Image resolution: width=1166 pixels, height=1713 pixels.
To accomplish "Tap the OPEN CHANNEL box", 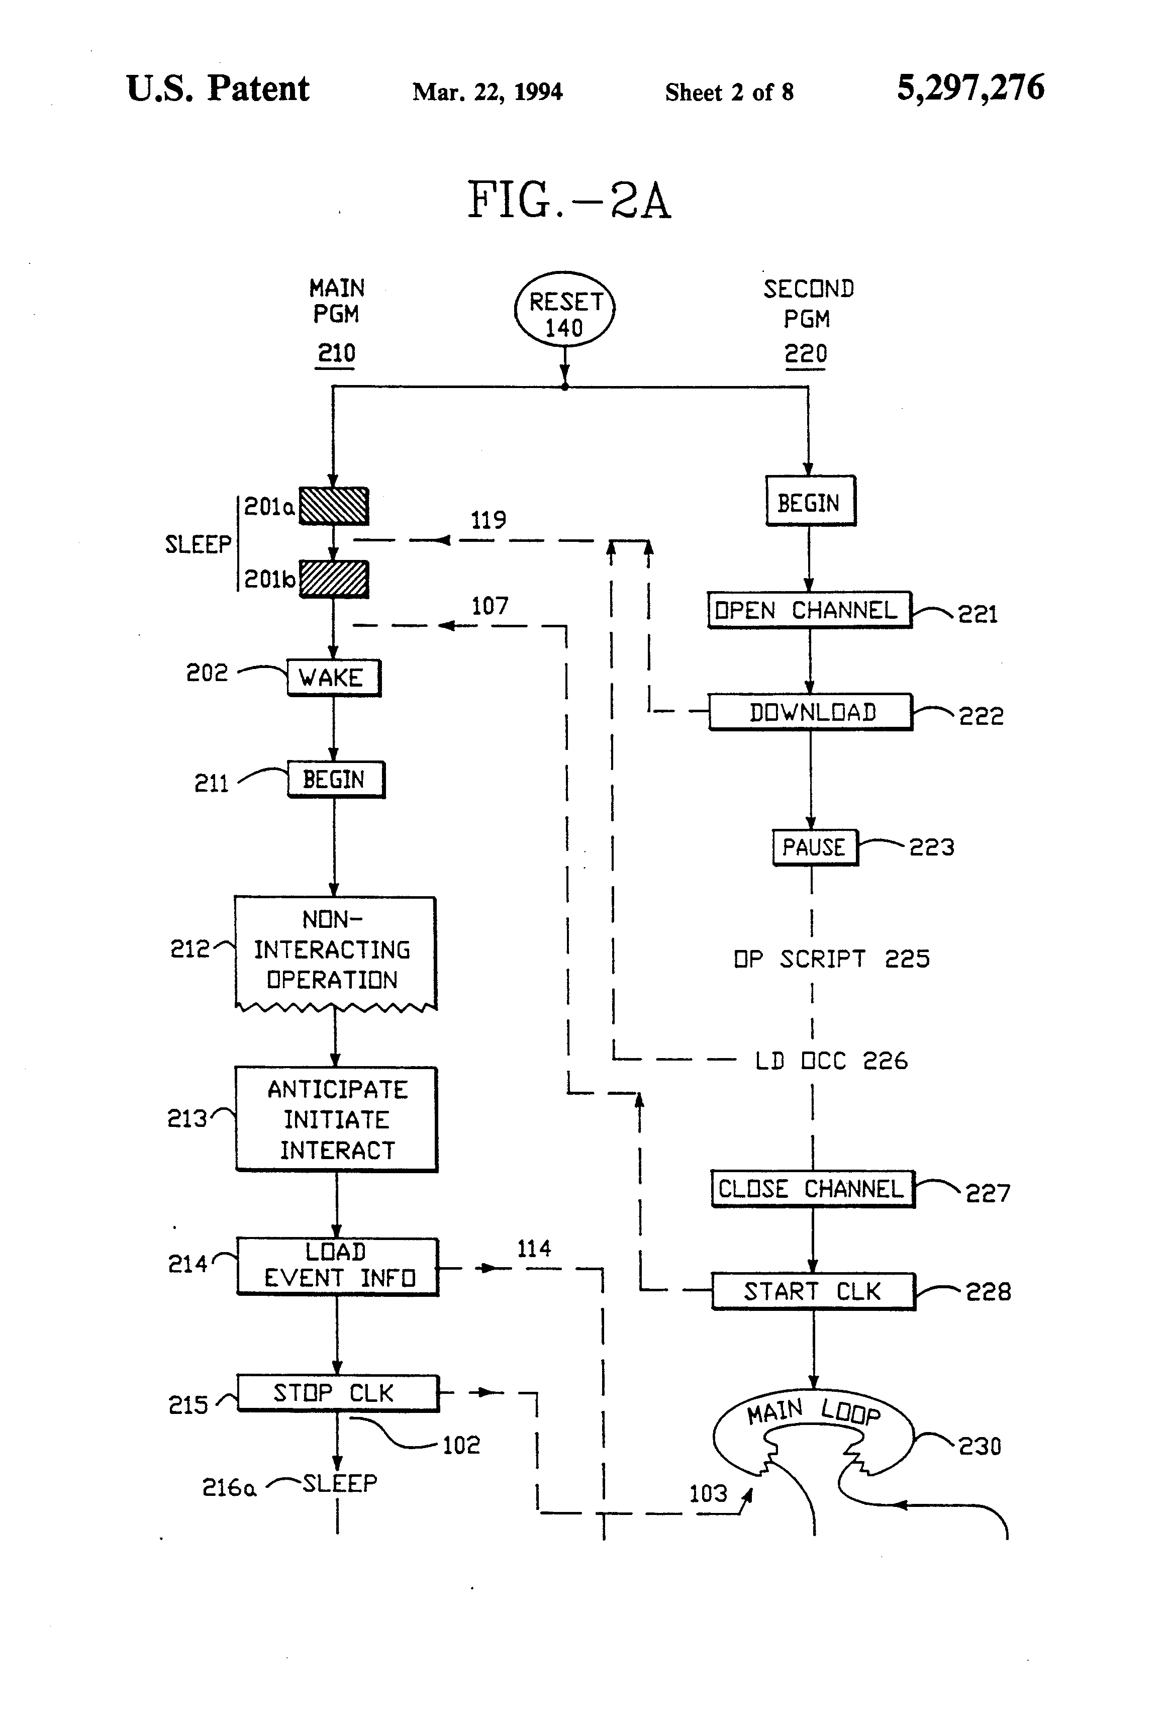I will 809,610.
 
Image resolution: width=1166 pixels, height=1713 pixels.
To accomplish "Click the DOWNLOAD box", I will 811,712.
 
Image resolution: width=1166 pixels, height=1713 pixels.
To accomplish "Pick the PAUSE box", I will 814,847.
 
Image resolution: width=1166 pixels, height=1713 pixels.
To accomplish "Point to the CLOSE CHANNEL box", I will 812,1189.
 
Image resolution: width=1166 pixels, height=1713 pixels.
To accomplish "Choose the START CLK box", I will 813,1291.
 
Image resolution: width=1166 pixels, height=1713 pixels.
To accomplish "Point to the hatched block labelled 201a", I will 334,506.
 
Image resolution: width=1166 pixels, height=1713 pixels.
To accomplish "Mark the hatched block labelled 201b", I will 334,579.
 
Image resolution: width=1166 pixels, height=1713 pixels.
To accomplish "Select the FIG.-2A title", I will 569,201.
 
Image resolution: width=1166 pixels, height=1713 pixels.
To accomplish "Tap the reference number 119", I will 488,520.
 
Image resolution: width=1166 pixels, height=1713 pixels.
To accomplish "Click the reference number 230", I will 980,1446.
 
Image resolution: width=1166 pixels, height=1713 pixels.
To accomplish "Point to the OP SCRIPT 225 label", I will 831,959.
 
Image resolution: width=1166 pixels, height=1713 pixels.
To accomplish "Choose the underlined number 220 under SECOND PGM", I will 806,354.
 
